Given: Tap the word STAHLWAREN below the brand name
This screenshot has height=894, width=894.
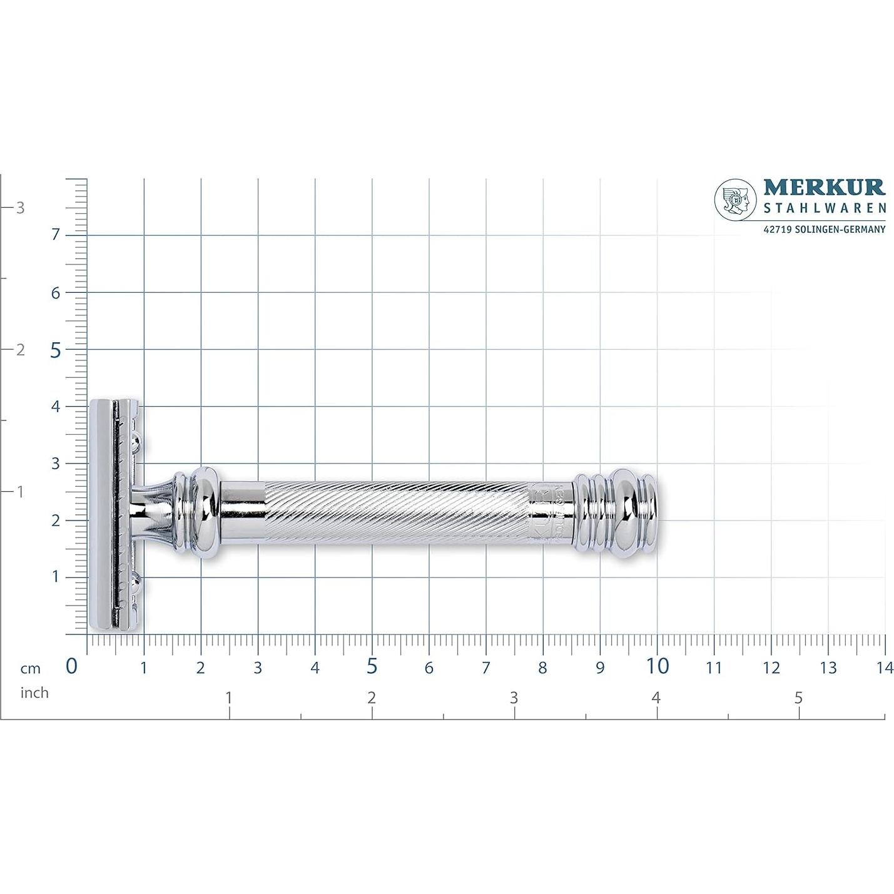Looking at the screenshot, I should click(824, 208).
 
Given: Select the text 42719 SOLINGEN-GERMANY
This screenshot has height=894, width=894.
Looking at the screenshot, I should click(824, 230).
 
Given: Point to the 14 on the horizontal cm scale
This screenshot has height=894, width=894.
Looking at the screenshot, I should click(885, 668).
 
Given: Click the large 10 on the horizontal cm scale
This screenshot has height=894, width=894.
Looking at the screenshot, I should click(657, 666).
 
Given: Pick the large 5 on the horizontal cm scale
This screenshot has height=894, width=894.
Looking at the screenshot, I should click(372, 666).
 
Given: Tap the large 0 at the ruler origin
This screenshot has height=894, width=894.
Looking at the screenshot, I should click(72, 666).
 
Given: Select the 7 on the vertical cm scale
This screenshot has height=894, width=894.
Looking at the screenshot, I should click(56, 235).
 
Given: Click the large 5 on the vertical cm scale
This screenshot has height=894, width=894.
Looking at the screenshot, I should click(56, 350).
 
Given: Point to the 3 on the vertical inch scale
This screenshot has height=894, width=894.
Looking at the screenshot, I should click(20, 208).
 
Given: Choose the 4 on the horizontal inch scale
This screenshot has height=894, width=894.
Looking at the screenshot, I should click(656, 698).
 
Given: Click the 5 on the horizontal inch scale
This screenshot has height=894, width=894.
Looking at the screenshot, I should click(798, 698).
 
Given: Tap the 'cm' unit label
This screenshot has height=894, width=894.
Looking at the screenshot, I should click(30, 669).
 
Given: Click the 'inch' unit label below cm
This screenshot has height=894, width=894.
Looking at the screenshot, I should click(34, 693).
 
